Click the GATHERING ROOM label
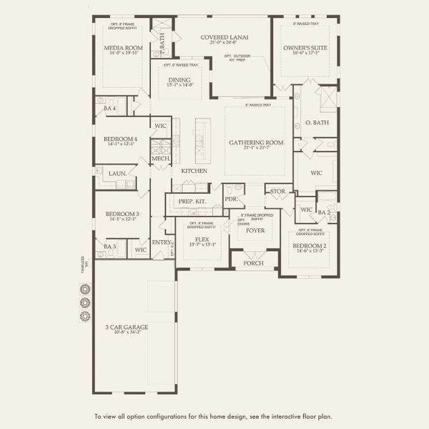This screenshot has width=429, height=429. (x=256, y=142)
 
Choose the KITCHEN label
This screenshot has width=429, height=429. (x=194, y=171)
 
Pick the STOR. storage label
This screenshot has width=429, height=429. (x=277, y=191)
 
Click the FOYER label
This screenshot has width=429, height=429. (x=255, y=230)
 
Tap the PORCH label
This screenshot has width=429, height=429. (x=253, y=262)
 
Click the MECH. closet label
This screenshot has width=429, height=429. (x=159, y=159)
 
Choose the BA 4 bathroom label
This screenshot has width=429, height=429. (x=109, y=108)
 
